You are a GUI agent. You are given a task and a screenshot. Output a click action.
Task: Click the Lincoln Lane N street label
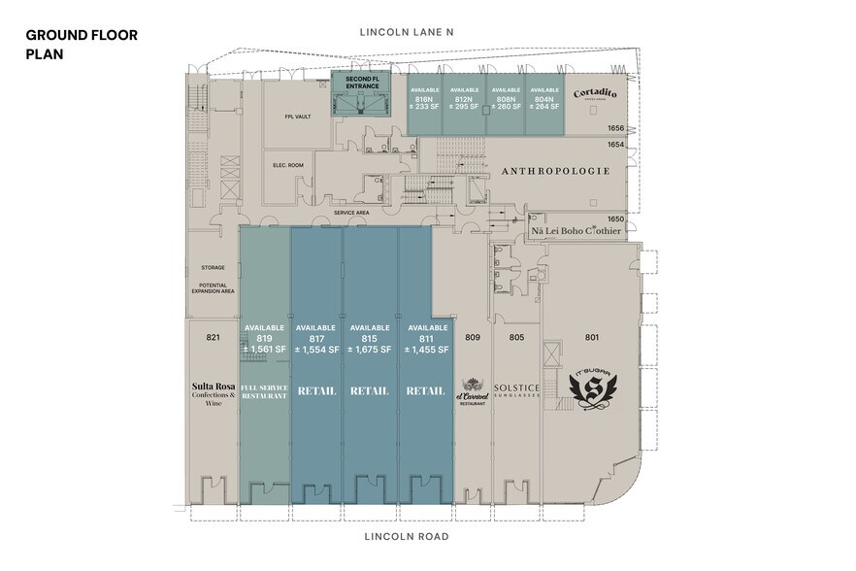pyautogui.click(x=407, y=32)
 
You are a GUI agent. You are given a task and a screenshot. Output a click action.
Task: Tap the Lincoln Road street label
pyautogui.click(x=406, y=536)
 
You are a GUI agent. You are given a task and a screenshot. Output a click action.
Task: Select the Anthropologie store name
pyautogui.click(x=555, y=171)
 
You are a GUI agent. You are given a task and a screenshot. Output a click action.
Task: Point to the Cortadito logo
pyautogui.click(x=596, y=94)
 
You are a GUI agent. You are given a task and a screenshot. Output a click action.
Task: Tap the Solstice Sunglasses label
pyautogui.click(x=515, y=389)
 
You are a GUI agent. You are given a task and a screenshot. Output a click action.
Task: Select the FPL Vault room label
pyautogui.click(x=297, y=117)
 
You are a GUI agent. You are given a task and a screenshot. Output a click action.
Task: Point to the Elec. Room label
pyautogui.click(x=289, y=165)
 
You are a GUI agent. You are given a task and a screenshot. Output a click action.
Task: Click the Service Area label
pyautogui.click(x=349, y=212)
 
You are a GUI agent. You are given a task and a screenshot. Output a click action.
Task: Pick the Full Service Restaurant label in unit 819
pyautogui.click(x=264, y=392)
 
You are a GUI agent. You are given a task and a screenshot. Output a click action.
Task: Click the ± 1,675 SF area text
pyautogui.click(x=370, y=350)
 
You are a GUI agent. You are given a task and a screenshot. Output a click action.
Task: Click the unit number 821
pyautogui.click(x=214, y=338)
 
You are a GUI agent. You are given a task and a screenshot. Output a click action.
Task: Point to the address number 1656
pyautogui.click(x=615, y=128)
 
